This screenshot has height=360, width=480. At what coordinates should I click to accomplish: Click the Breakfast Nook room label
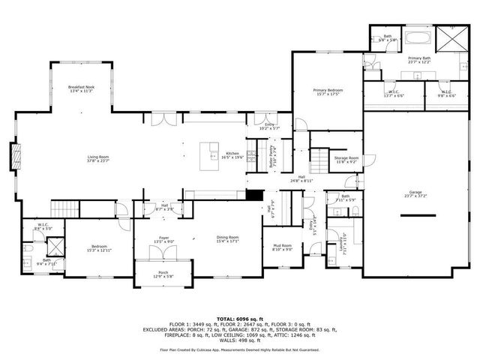[x=80, y=88]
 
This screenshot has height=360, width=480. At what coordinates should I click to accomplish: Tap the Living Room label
[x=98, y=158]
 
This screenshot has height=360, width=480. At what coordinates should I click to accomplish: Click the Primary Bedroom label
[x=327, y=92]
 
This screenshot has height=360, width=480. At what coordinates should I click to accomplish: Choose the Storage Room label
[x=346, y=160]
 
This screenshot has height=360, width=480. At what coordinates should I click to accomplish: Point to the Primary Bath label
[x=419, y=60]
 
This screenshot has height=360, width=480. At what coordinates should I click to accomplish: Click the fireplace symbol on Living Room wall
[x=16, y=157]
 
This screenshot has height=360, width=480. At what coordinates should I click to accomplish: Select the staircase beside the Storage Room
[x=321, y=159]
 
